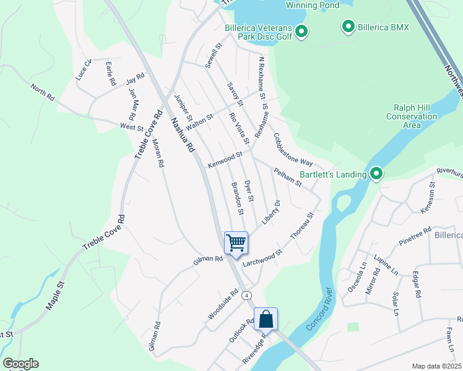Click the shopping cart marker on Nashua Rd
(236, 242)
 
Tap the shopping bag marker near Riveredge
(266, 319)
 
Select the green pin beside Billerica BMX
(348, 27)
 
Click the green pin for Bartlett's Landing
(375, 174)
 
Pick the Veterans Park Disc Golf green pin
(301, 31)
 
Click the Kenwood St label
(225, 160)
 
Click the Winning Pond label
(313, 6)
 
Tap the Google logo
(20, 364)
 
